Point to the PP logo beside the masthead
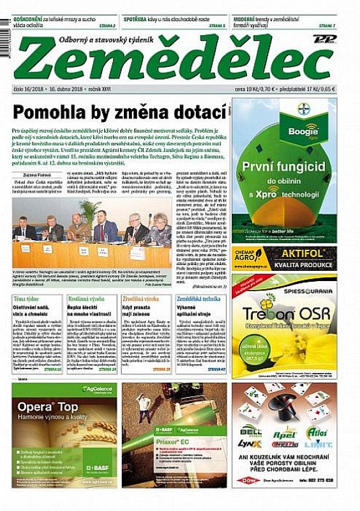[x=325, y=40]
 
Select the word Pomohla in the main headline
[x=47, y=114]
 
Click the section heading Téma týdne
[x=27, y=299]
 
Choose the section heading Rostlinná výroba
[x=88, y=299]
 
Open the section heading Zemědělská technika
[x=199, y=299]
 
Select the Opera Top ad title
[x=49, y=407]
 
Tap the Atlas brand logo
[x=317, y=432]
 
